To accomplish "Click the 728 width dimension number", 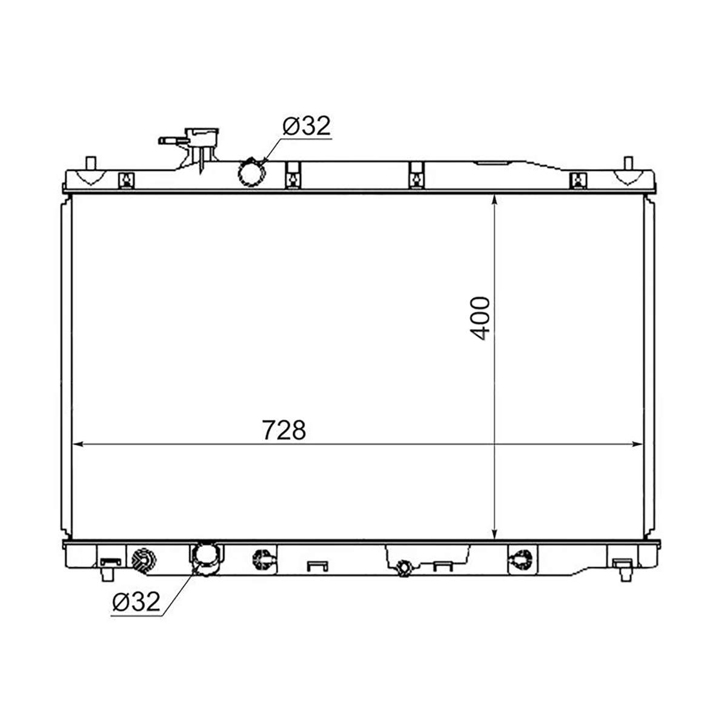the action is tap(284, 430).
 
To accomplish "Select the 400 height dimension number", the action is tap(479, 319).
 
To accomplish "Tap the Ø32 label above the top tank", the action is tap(307, 125).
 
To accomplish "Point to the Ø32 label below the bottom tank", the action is tap(136, 601).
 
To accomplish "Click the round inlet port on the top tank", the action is tap(251, 173).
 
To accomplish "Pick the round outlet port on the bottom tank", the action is tap(205, 559).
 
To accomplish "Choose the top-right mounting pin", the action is tap(628, 164).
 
